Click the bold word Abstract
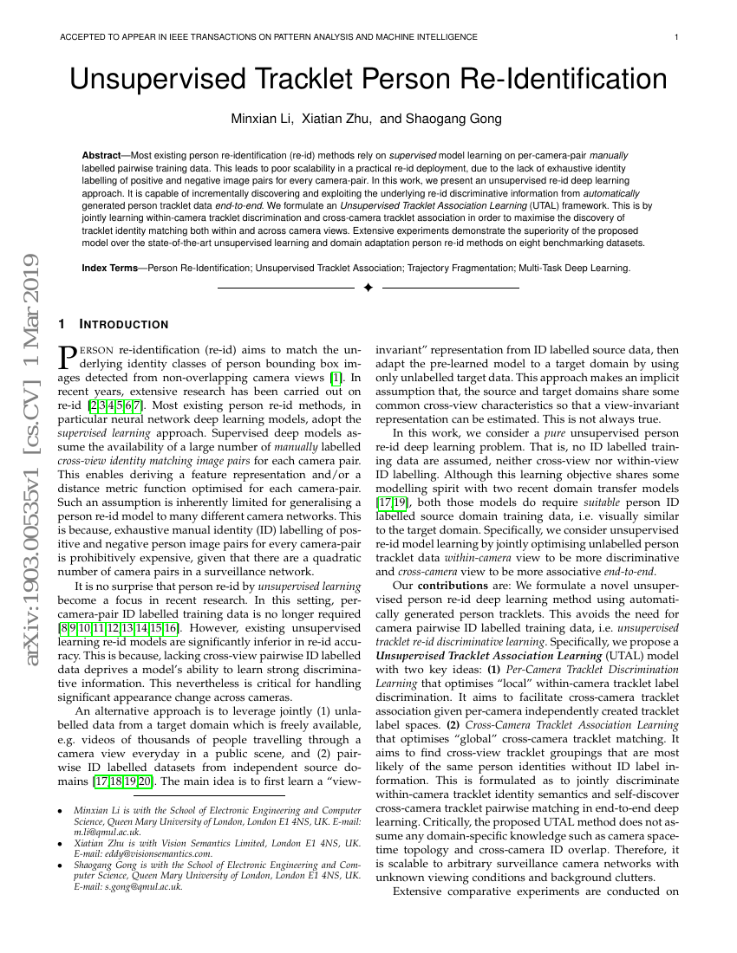tap(101, 154)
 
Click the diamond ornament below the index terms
tap(368, 287)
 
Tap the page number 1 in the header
tap(675, 37)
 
